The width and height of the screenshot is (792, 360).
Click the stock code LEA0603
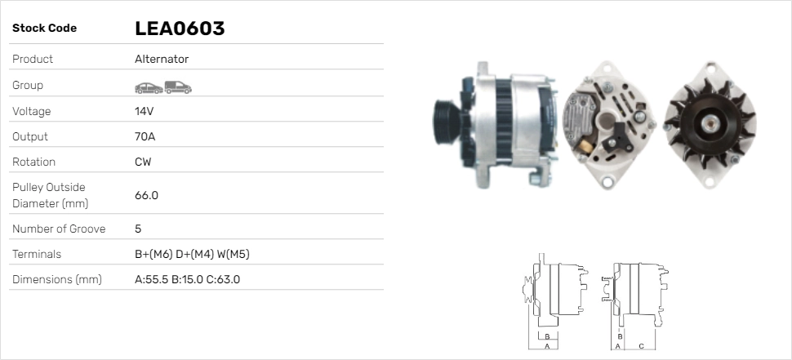(180, 29)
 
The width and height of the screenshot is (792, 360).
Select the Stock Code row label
(44, 29)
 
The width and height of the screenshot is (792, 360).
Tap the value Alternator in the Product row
(162, 59)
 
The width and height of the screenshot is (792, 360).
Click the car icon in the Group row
(149, 88)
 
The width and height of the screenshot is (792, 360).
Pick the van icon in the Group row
(178, 87)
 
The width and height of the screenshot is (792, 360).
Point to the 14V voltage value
(144, 111)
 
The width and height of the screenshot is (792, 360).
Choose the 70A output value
(145, 137)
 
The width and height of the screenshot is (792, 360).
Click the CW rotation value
(143, 162)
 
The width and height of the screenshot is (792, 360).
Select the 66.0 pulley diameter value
(146, 195)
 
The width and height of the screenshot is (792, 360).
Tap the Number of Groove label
(59, 229)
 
